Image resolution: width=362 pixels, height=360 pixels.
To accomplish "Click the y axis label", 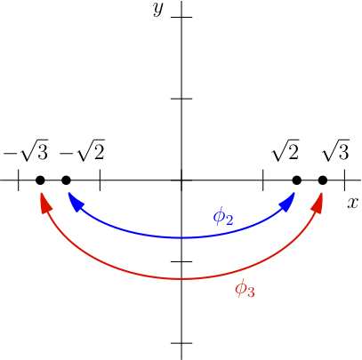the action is [158, 10].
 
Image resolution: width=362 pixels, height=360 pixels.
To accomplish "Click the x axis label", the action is [352, 204].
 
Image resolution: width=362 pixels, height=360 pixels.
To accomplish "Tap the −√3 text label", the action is [26, 150].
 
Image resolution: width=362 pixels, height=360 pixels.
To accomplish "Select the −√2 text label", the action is [82, 150].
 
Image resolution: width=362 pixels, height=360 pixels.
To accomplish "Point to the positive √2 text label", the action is [286, 150].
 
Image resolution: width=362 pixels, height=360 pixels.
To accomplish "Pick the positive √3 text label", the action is [335, 150].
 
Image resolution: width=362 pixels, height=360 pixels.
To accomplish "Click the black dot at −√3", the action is [40, 180].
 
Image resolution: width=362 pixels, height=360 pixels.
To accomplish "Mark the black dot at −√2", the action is [66, 180].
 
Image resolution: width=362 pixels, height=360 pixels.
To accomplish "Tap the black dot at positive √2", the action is [297, 180].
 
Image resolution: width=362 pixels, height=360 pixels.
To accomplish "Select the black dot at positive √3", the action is [323, 180].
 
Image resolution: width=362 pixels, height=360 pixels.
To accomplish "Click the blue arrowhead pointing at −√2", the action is [75, 203].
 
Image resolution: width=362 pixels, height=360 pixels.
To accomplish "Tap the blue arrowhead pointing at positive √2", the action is [287, 203].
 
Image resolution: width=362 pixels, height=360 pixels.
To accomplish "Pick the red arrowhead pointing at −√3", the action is [45, 203].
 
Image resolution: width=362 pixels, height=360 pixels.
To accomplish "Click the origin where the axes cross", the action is [181, 180].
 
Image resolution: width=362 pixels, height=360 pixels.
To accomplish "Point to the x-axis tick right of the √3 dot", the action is [344, 180].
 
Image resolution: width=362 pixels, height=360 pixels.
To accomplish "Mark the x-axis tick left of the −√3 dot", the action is [19, 180].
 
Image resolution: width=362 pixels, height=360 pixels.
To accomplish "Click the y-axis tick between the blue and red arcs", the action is [181, 261].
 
